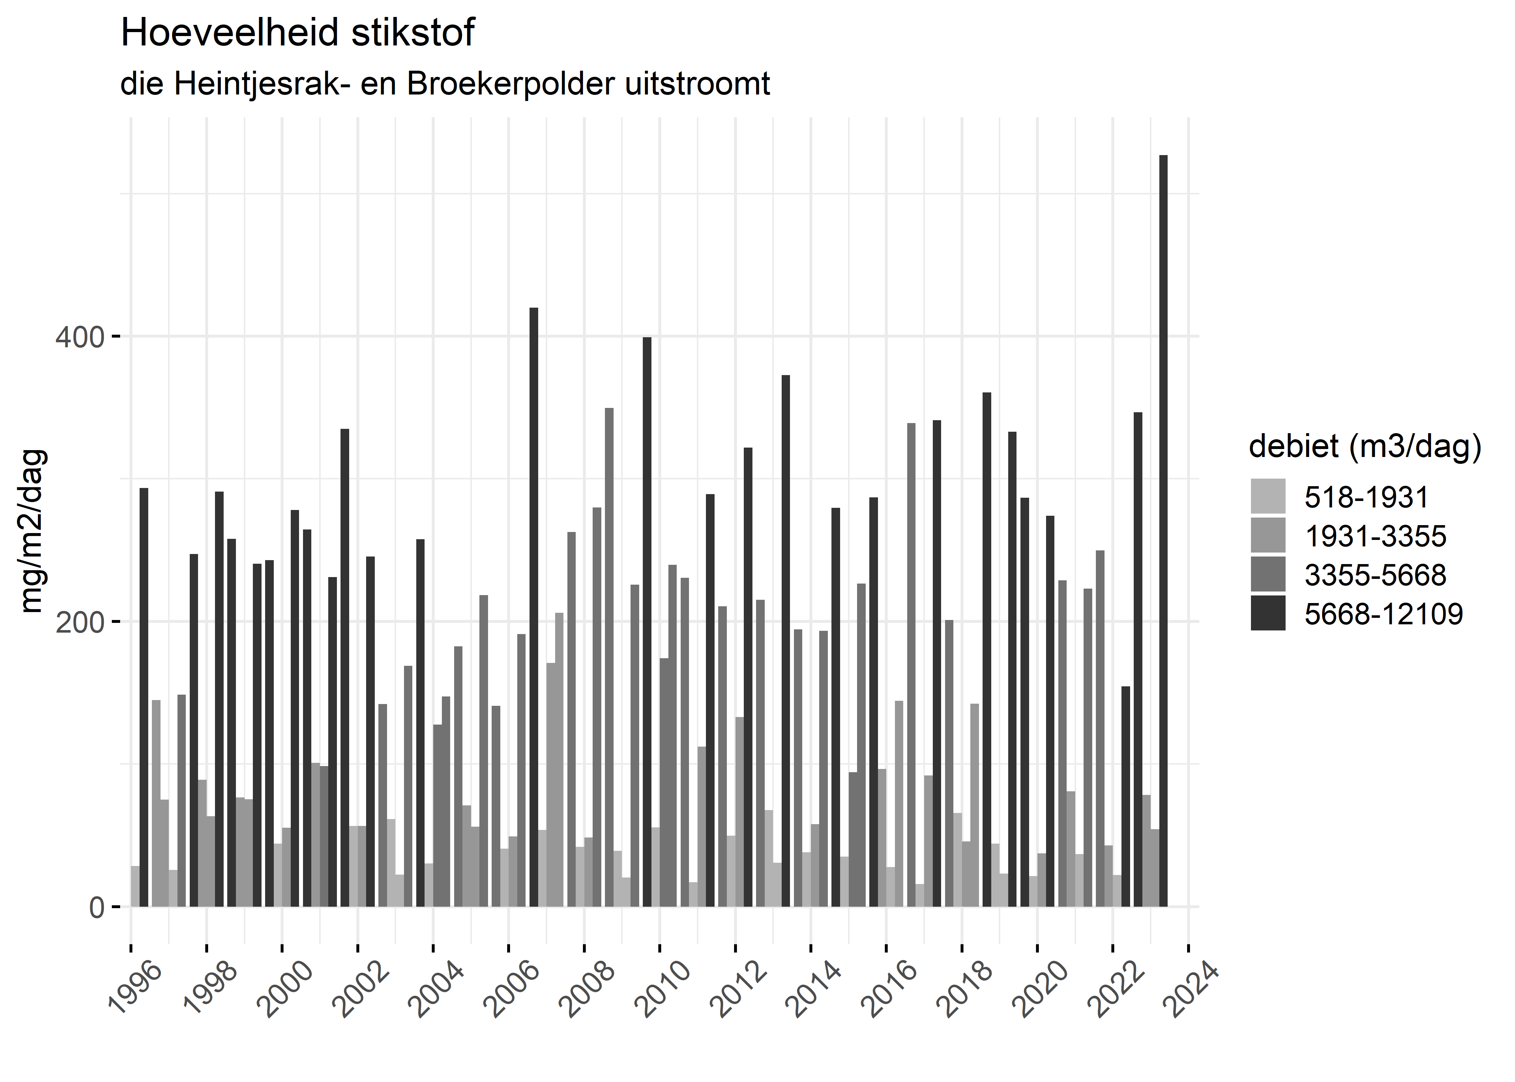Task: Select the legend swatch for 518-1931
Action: (1268, 496)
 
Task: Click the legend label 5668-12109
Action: (1383, 613)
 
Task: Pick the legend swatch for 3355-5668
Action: (1268, 574)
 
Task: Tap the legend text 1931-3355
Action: (1375, 536)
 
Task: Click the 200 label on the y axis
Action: (80, 622)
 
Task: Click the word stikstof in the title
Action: (413, 33)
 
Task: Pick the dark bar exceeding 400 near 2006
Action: (533, 606)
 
